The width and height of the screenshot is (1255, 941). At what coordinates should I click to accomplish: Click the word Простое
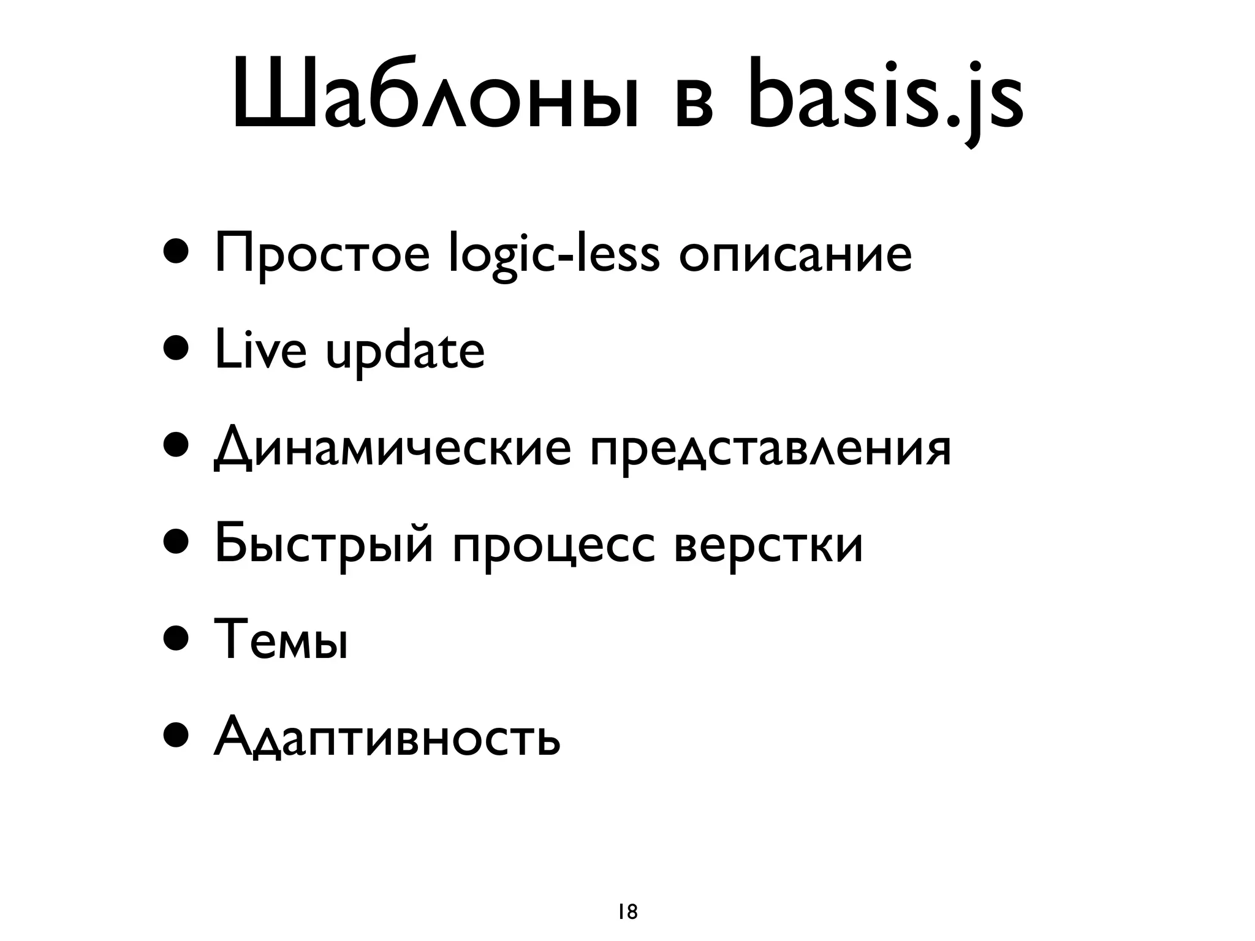[322, 255]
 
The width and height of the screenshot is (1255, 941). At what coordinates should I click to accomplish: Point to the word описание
[795, 255]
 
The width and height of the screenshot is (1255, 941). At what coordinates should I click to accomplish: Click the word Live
[260, 350]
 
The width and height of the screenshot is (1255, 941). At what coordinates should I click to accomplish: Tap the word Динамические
[392, 448]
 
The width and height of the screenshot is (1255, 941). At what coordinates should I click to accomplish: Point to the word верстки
[768, 543]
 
